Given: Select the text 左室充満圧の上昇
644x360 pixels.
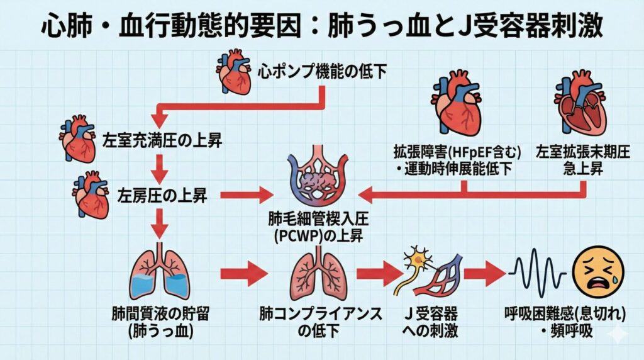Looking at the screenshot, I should [152, 139].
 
